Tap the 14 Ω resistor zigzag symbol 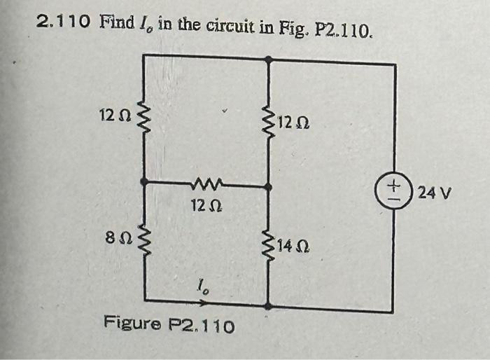(268, 245)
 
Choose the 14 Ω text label (293, 246)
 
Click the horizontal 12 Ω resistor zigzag (207, 185)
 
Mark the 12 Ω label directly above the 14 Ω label (295, 124)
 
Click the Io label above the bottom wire (202, 286)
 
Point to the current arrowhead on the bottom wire (205, 303)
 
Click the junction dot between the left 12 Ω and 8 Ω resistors (144, 181)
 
